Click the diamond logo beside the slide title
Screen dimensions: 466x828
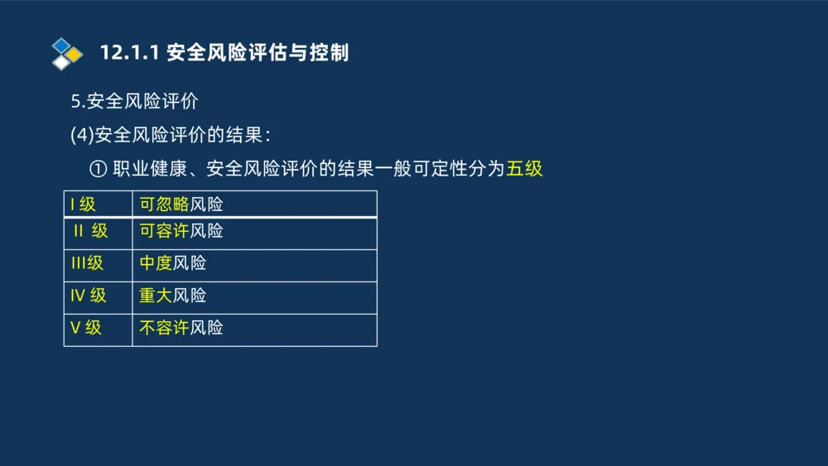tap(67, 54)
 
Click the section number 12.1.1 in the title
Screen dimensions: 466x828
tap(129, 53)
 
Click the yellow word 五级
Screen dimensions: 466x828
tap(524, 169)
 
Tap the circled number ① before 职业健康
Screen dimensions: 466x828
tap(98, 169)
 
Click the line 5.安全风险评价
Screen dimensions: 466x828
tap(134, 102)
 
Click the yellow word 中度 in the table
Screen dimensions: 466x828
tap(156, 263)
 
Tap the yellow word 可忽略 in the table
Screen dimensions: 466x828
tap(164, 204)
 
